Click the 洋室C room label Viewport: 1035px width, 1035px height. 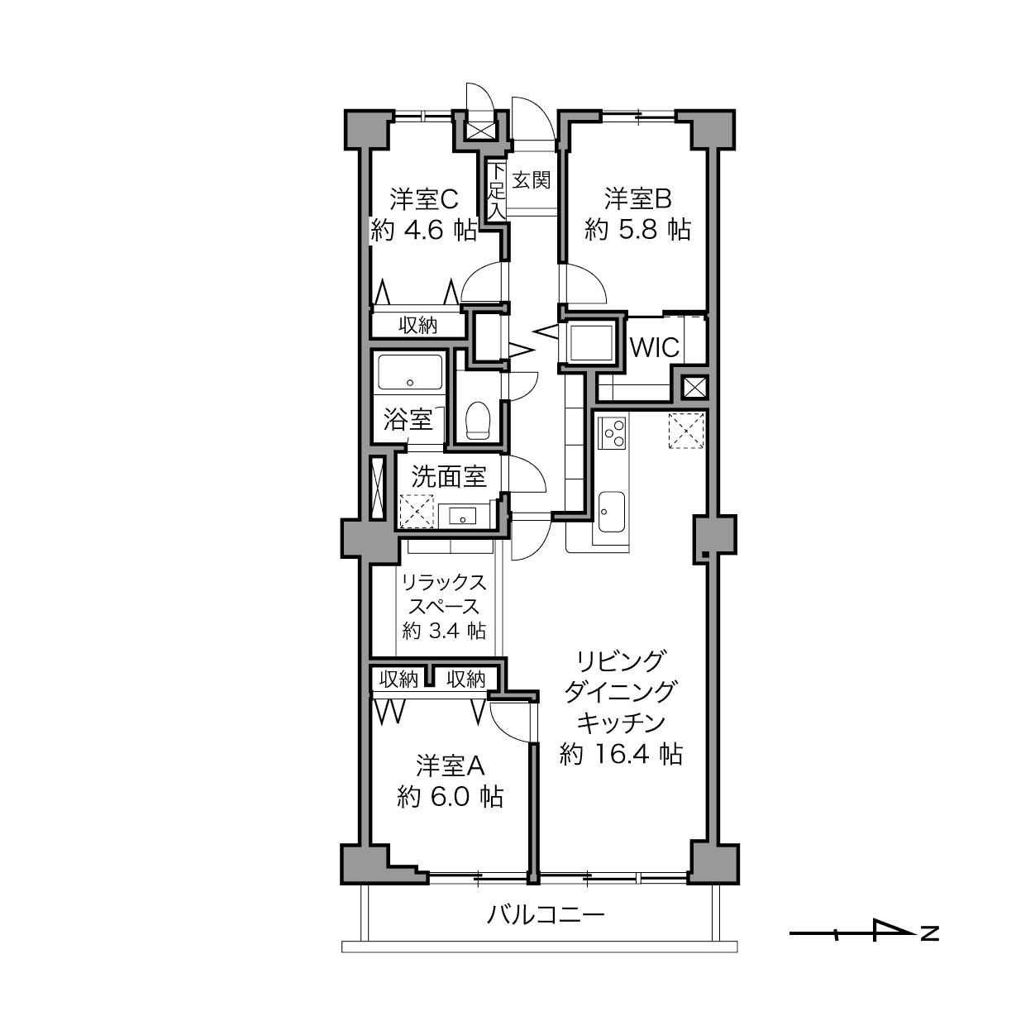click(x=424, y=200)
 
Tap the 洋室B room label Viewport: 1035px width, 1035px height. click(x=638, y=198)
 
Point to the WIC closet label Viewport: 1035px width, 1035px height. click(x=655, y=347)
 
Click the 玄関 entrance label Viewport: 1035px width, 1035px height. click(x=532, y=180)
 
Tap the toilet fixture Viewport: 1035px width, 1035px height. click(x=478, y=421)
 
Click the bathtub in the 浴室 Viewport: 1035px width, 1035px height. click(x=410, y=372)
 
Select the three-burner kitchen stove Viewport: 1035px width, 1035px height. click(x=613, y=432)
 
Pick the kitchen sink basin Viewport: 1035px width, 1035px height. click(x=612, y=512)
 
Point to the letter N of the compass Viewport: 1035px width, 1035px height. click(x=930, y=933)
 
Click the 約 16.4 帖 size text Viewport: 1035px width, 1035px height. click(x=621, y=754)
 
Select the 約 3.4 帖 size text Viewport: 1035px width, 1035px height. click(x=444, y=630)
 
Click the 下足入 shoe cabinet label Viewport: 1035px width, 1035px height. click(x=497, y=191)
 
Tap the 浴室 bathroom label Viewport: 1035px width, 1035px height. click(x=408, y=419)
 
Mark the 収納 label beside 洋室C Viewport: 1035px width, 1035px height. click(x=417, y=325)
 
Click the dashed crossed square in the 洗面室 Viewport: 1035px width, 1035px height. click(x=417, y=512)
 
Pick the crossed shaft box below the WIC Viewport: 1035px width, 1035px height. click(x=694, y=387)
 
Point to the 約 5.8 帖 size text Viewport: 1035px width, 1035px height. click(x=637, y=230)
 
